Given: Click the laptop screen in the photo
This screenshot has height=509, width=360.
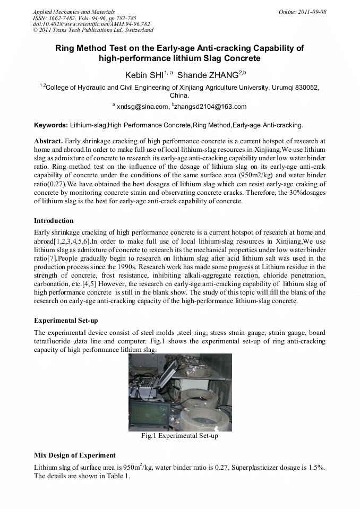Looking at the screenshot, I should tap(150, 413).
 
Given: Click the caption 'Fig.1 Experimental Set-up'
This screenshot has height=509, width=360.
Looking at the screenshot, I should tap(179, 436).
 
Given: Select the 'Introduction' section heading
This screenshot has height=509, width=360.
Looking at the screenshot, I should tap(54, 220).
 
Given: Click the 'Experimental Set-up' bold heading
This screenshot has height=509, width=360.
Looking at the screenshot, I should tap(66, 321).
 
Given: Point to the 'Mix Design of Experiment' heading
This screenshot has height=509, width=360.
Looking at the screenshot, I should tap(74, 455).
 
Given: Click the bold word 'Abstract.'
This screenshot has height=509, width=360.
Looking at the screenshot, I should tap(48, 141).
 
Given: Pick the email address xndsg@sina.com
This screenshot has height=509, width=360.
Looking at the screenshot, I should tap(142, 107).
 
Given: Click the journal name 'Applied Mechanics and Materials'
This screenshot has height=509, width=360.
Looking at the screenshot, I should tap(74, 12).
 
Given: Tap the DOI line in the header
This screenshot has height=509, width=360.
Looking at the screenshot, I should tap(91, 24).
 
